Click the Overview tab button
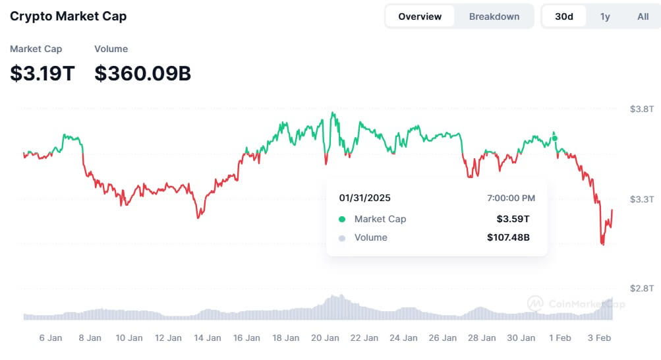(x=420, y=16)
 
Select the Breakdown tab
(x=494, y=16)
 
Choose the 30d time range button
(x=564, y=16)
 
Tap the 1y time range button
(x=605, y=16)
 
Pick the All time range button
(x=643, y=16)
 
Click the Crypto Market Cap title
(x=68, y=16)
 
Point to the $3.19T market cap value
(x=42, y=73)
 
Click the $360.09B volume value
(x=142, y=73)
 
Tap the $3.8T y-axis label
(x=641, y=109)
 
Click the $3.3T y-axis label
(x=641, y=199)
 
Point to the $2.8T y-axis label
(x=641, y=289)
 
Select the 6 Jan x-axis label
(x=51, y=338)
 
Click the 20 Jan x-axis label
(x=325, y=338)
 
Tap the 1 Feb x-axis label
(x=560, y=338)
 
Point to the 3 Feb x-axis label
(x=599, y=338)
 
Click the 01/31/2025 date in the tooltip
(x=364, y=198)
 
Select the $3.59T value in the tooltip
(x=513, y=219)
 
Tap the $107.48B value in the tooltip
(x=508, y=237)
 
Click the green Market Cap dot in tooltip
(x=341, y=219)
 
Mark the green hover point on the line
(x=555, y=138)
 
